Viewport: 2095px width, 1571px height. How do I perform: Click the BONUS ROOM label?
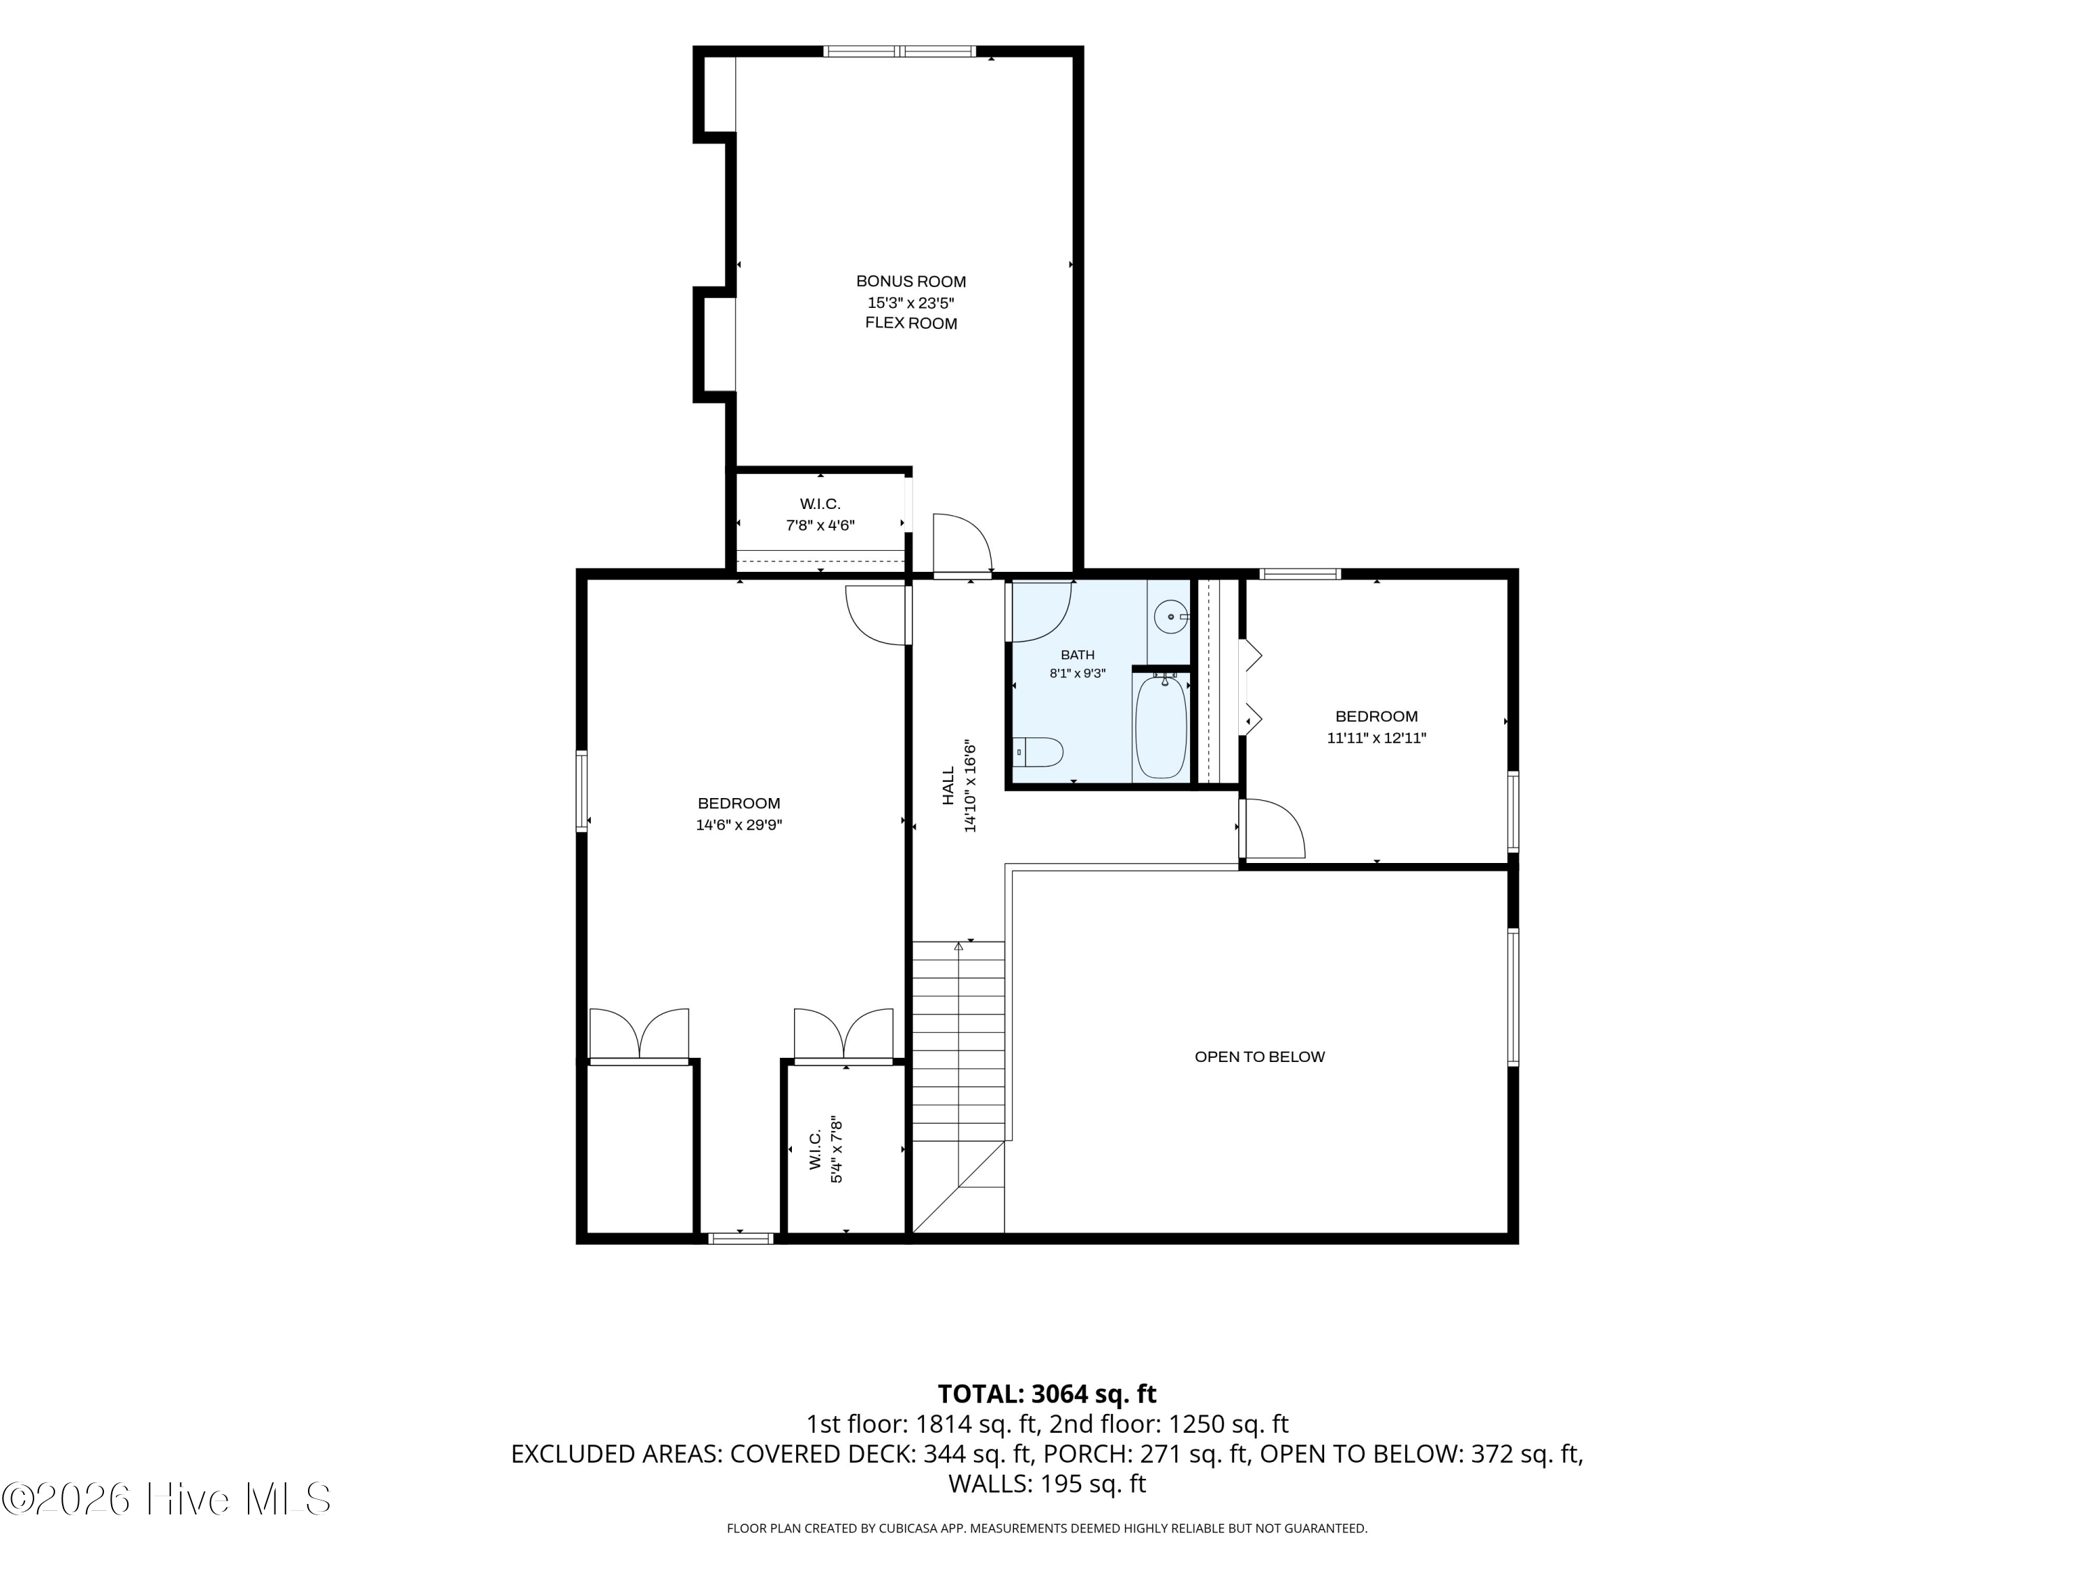(x=911, y=281)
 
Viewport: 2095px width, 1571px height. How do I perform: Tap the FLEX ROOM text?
(x=911, y=324)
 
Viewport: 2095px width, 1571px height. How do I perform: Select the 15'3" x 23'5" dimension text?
(x=911, y=303)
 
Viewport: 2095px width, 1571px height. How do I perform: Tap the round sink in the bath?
(x=1172, y=617)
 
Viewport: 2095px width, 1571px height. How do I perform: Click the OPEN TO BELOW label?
(x=1260, y=1057)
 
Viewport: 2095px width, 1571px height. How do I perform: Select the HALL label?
(x=949, y=786)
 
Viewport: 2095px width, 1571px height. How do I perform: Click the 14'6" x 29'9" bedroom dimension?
(x=739, y=825)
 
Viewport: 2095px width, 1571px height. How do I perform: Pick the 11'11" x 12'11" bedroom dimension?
(x=1376, y=738)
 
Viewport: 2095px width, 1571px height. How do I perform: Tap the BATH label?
(x=1078, y=654)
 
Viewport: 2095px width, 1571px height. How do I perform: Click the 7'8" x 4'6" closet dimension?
(x=821, y=526)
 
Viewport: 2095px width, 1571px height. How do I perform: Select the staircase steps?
(x=957, y=1042)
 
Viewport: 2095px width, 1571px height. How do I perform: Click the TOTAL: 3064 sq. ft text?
(x=1047, y=1394)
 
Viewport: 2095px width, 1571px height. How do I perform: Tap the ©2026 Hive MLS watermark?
(x=167, y=1499)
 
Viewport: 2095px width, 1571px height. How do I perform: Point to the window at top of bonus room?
(x=899, y=51)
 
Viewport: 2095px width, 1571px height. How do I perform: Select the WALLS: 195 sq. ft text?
(x=1047, y=1484)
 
